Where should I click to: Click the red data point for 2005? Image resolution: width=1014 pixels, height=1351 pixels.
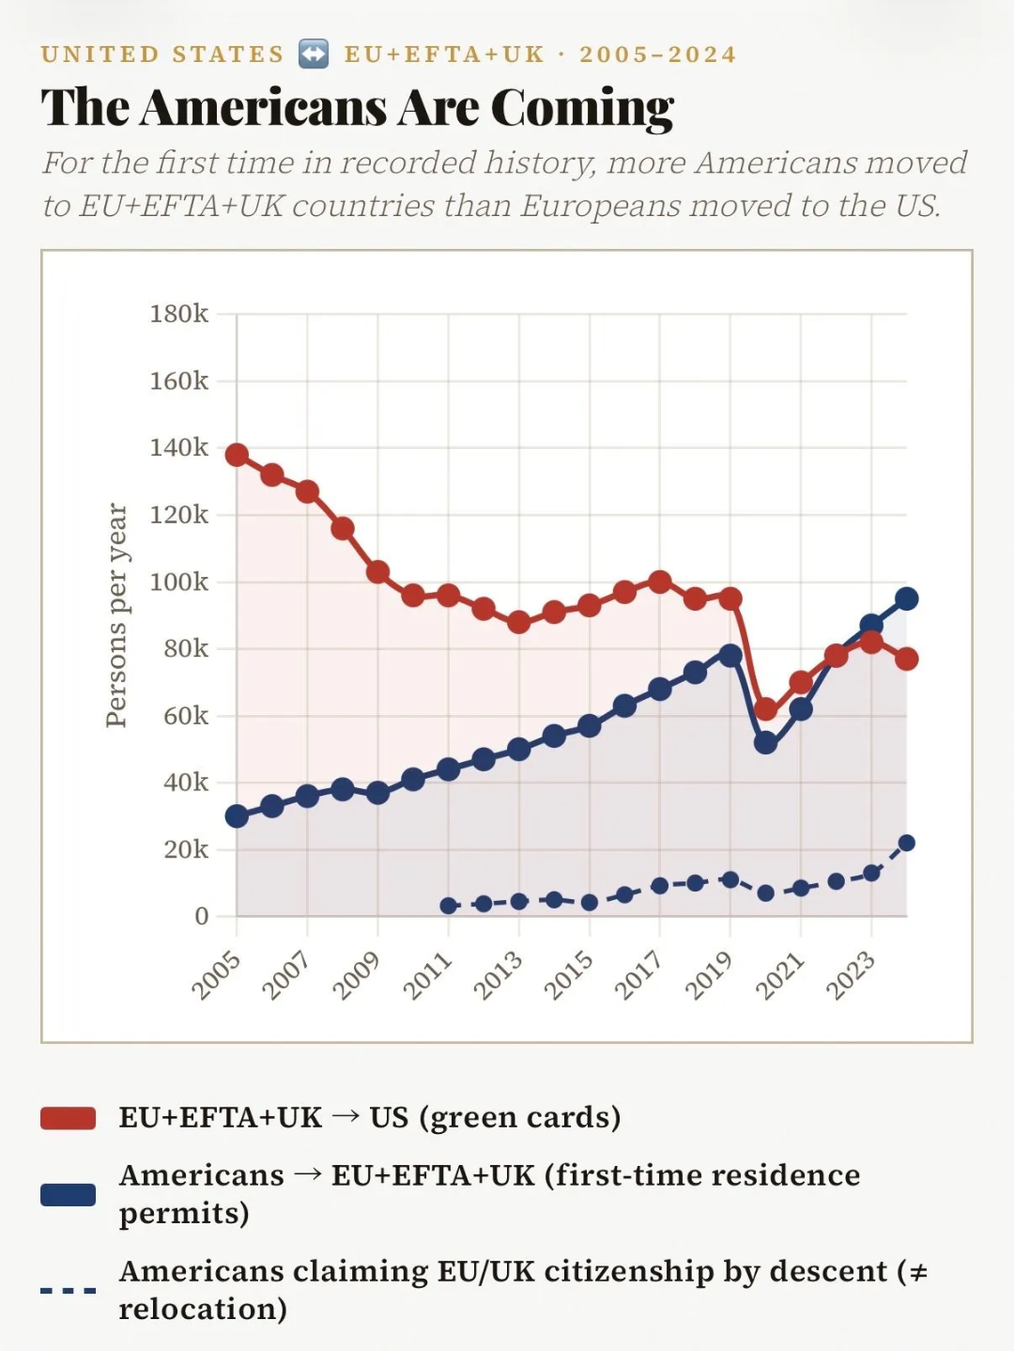click(237, 455)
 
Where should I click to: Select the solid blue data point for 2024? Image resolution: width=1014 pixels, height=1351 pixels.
click(906, 598)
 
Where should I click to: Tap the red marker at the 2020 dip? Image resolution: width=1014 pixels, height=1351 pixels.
click(765, 708)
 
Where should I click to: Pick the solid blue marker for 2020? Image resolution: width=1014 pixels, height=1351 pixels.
click(765, 742)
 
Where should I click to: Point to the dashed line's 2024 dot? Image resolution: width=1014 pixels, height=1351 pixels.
click(906, 843)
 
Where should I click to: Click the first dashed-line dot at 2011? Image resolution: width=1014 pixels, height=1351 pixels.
click(448, 906)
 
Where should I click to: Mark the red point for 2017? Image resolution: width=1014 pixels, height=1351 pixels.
click(660, 582)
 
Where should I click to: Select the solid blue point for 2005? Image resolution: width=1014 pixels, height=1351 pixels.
click(237, 815)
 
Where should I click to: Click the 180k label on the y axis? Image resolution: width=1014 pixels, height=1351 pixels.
click(178, 314)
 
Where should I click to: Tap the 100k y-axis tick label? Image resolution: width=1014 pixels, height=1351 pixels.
click(178, 582)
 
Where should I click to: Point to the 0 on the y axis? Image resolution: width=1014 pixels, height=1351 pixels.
click(201, 916)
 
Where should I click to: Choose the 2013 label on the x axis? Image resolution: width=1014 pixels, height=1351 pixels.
click(499, 974)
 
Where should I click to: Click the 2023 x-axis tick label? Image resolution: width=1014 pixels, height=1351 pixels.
click(851, 974)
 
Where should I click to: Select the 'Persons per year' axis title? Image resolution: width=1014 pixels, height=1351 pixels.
click(116, 614)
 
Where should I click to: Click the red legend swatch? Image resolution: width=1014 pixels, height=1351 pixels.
click(69, 1118)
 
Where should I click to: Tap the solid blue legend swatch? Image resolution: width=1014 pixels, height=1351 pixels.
click(69, 1194)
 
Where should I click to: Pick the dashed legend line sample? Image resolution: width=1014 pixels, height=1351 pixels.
click(69, 1290)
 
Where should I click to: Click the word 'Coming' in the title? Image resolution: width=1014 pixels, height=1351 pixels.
click(582, 108)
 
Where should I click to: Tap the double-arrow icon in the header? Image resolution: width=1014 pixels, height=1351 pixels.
click(314, 54)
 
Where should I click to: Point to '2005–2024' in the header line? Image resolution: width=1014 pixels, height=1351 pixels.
click(657, 54)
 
